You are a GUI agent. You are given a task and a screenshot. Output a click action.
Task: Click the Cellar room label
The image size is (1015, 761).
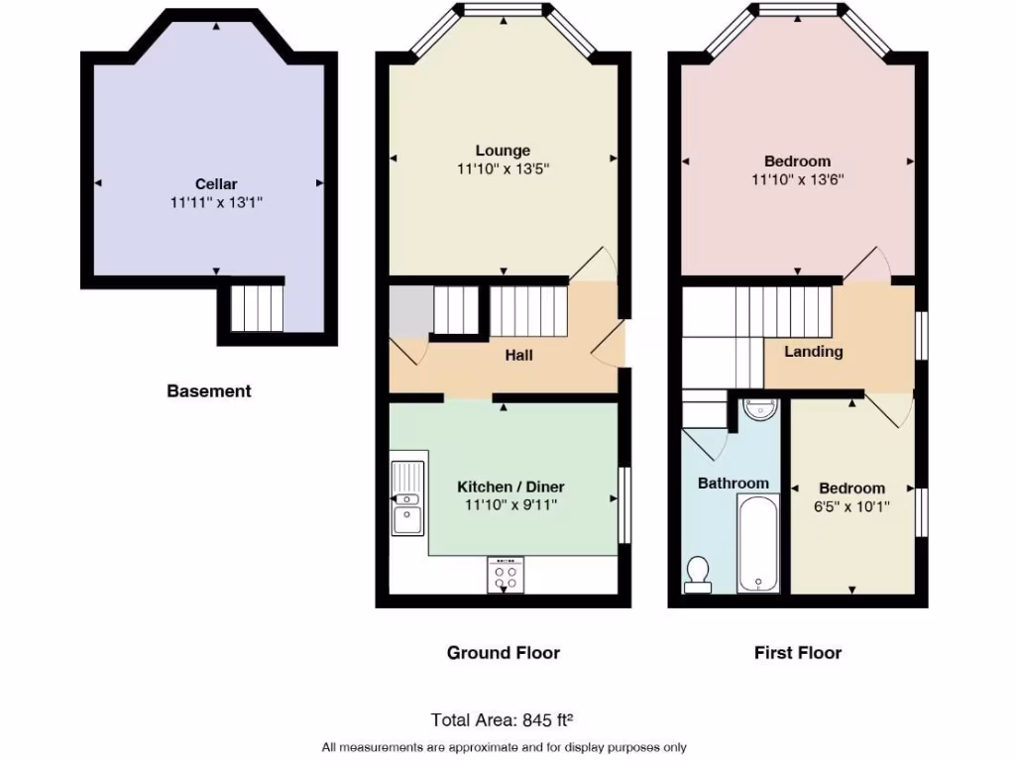pos(215,183)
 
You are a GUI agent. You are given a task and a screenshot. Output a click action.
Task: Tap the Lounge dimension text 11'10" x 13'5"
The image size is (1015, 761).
pos(503,168)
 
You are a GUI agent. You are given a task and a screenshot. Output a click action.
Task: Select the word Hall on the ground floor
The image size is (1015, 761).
pos(519,354)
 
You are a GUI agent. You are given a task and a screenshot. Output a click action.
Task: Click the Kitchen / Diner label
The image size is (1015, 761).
pos(510,487)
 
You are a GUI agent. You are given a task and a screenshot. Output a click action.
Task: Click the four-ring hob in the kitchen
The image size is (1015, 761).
pos(506,575)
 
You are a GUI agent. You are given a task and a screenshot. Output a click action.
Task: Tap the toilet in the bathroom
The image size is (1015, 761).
pos(699,574)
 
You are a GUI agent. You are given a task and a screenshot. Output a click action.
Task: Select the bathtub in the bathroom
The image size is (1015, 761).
pos(757,543)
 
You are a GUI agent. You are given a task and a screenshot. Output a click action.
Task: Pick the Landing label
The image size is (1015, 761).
pos(814,351)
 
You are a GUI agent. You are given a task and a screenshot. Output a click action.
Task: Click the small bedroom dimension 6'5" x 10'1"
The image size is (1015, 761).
pos(851,506)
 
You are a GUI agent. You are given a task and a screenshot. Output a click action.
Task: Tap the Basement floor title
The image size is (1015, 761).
pos(208,390)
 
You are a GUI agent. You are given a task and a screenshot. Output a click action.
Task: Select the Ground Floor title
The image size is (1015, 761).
pos(503,652)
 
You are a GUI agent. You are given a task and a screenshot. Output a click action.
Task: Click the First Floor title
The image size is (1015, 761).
pos(797,652)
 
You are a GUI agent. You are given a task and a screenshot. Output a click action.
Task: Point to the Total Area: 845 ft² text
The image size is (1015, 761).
pos(503,719)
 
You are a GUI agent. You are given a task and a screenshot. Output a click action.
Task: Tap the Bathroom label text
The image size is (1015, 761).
pos(733,483)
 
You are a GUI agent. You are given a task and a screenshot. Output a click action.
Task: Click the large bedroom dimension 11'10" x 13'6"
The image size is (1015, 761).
pos(797,179)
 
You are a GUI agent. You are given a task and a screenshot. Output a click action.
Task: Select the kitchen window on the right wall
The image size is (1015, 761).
pos(624,504)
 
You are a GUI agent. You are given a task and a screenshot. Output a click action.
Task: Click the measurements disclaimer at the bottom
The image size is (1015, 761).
pos(504,747)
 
